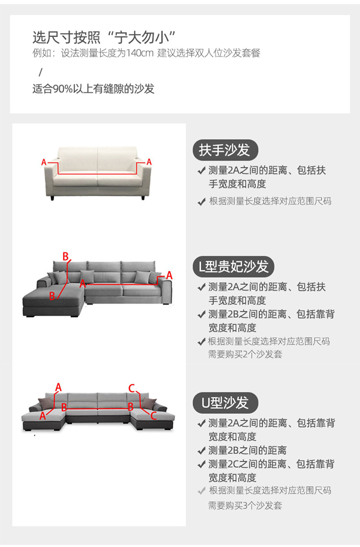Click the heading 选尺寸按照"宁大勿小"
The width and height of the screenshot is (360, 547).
click(104, 36)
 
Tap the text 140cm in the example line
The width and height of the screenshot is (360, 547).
click(140, 53)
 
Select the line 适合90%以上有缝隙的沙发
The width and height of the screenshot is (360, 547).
click(93, 88)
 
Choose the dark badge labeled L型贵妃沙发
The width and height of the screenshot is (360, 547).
click(234, 266)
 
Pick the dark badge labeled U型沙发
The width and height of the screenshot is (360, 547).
click(226, 402)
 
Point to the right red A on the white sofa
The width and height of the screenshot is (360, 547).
click(149, 162)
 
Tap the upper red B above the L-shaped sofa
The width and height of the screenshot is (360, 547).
click(65, 256)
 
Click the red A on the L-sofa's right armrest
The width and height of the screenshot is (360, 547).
click(169, 275)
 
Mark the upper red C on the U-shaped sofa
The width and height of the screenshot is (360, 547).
click(131, 388)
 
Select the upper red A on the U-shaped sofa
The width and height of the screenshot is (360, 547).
click(58, 387)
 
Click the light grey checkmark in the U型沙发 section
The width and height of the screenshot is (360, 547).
click(201, 491)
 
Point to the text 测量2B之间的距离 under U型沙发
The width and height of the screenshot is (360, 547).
click(247, 450)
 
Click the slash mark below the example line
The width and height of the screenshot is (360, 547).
click(40, 72)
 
